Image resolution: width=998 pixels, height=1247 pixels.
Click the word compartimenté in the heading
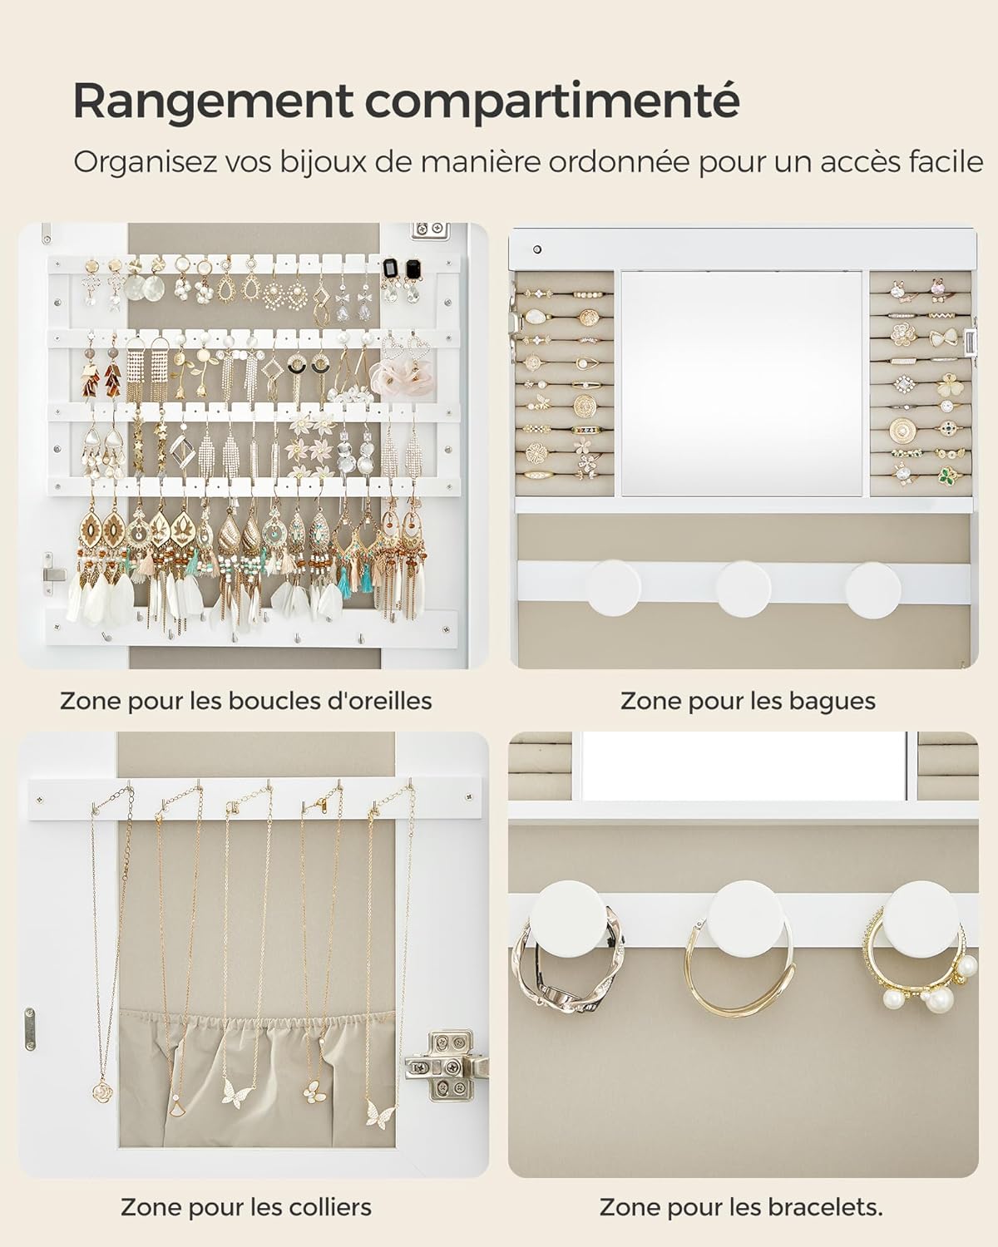pos(551,101)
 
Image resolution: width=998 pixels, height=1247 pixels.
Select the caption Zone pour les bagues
pos(748,701)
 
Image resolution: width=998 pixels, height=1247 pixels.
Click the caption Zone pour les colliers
pos(246,1206)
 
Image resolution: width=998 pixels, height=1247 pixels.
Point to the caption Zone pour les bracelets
pos(741,1206)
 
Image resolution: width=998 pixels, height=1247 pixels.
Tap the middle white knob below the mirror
pos(744,585)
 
